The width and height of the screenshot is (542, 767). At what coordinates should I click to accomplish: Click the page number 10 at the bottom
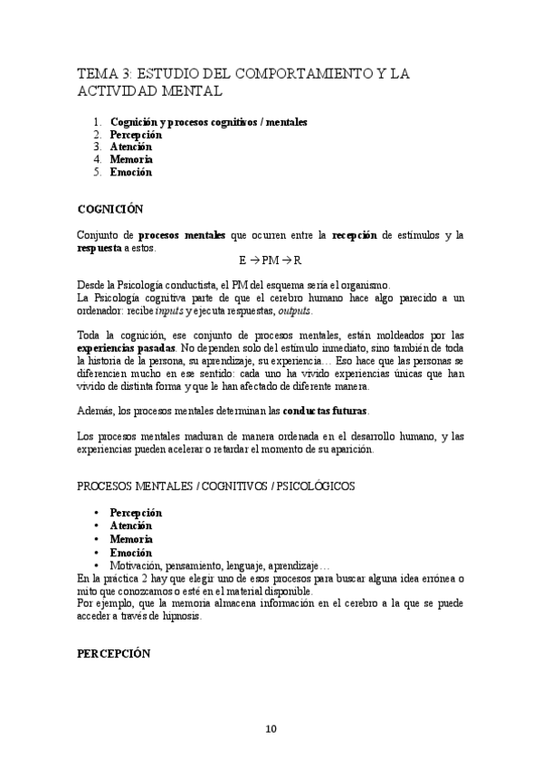[271, 730]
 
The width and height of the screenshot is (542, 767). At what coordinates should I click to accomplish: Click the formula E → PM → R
[271, 260]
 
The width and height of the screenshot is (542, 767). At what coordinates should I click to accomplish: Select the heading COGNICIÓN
[109, 209]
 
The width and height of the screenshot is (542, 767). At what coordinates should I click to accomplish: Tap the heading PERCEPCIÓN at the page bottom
[113, 654]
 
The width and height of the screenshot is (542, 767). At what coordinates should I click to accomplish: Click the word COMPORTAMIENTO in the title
[313, 73]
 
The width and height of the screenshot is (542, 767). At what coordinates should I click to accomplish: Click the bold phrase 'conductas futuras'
[324, 411]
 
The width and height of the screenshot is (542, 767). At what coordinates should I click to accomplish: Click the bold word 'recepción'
[353, 235]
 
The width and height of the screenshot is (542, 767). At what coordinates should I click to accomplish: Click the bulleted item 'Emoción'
[130, 552]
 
